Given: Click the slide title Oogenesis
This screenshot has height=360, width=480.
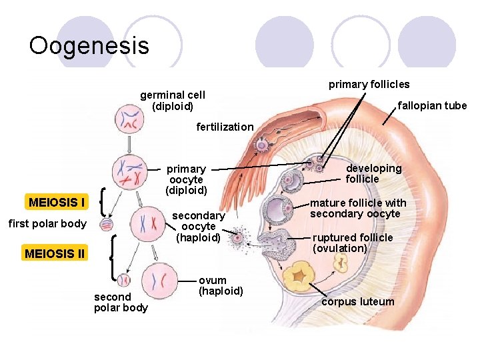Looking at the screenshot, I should tap(89, 45).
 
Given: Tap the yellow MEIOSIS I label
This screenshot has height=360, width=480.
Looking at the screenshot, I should tap(57, 202).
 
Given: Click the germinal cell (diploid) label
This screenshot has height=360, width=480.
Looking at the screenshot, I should tap(172, 101).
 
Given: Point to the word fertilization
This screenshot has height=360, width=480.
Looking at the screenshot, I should tap(225, 127).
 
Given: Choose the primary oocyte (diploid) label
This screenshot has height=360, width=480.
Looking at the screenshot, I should tap(186, 179).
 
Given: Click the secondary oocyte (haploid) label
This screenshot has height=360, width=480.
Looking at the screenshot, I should tap(198, 226).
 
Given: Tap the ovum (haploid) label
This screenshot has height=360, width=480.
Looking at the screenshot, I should tap(220, 285).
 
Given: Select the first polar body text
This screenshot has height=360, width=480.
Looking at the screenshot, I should tap(47, 223).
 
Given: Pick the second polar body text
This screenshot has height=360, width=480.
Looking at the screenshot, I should tap(121, 301).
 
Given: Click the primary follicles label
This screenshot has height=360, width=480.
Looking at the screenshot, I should tap(369, 84).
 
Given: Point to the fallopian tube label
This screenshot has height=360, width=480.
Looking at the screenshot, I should tap(432, 105).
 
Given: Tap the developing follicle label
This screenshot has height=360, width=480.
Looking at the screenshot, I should tap(373, 173).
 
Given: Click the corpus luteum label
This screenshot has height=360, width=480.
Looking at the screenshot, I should tap(357, 301).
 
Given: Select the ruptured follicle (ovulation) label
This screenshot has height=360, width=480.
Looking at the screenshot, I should tap(353, 243).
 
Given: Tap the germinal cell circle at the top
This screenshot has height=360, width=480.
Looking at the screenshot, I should tap(128, 120).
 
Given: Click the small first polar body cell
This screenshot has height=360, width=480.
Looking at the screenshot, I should tap(107, 225).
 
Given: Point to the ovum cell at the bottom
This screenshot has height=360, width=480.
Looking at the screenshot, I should tap(160, 279).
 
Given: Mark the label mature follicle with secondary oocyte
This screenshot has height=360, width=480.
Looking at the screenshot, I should tap(358, 208).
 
